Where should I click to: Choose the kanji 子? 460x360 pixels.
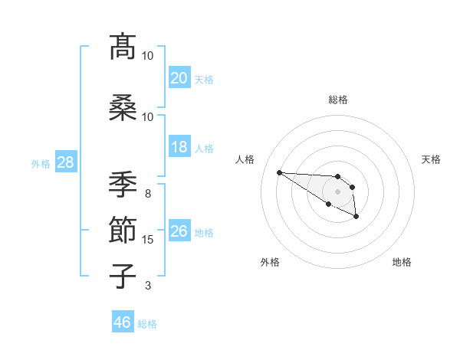123,276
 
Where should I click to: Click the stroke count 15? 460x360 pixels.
148,240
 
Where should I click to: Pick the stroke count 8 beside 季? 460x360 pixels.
148,194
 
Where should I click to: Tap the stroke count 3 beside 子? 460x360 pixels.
148,286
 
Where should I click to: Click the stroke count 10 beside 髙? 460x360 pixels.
148,56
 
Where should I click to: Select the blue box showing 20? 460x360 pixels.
179,77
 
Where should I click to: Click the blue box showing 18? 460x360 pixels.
179,146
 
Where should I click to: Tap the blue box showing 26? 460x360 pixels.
179,231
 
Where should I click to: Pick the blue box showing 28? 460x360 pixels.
64,162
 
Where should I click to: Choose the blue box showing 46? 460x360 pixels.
122,322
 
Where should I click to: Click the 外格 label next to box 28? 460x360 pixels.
41,163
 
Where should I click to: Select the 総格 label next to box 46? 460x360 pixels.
147,324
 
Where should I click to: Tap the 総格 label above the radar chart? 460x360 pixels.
337,100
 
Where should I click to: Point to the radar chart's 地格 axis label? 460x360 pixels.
402,262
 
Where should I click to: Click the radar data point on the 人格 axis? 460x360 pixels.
279,172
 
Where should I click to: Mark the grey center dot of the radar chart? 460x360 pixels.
337,191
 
